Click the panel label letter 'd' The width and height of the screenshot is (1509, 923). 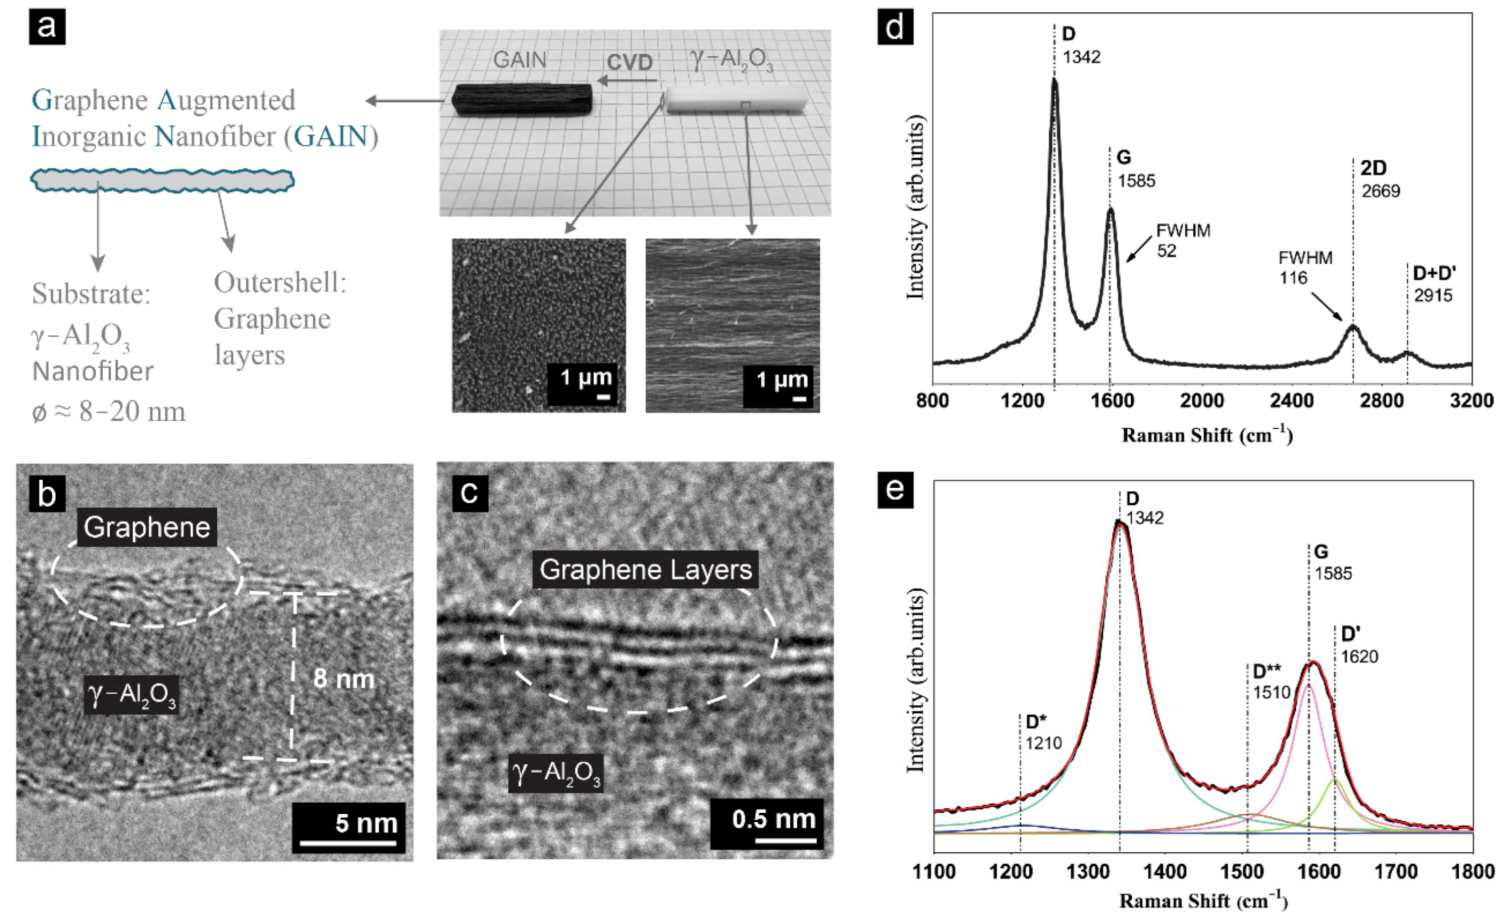tap(895, 28)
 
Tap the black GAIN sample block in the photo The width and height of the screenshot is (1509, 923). tap(522, 100)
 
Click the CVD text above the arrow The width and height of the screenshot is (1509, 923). tap(629, 62)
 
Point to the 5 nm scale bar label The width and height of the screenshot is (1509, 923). tap(365, 823)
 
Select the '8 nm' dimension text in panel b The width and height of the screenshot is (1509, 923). tap(344, 679)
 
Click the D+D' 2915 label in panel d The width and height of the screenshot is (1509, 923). tap(1434, 283)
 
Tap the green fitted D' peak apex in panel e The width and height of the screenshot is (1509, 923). tap(1335, 780)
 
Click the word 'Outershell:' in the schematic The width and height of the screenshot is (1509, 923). tap(280, 283)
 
